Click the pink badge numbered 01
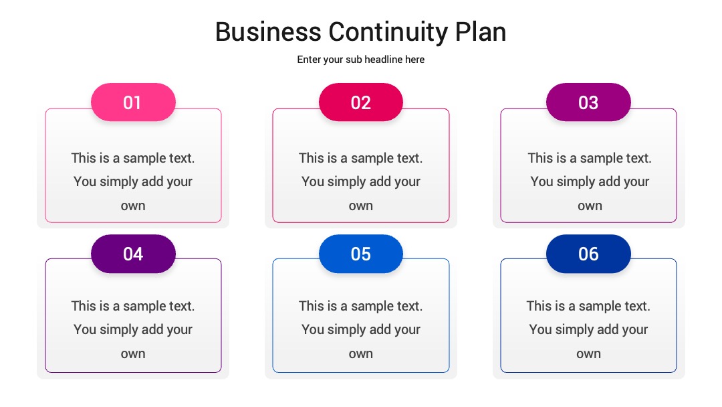(133, 102)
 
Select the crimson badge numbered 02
(361, 102)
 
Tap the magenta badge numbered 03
(588, 102)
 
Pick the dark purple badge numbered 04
(133, 254)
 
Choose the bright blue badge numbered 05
(361, 254)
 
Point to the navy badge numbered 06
(588, 254)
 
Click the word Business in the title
(269, 32)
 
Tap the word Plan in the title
(481, 32)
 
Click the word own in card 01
(133, 206)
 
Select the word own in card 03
(590, 206)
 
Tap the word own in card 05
(361, 354)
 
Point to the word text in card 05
(408, 306)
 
